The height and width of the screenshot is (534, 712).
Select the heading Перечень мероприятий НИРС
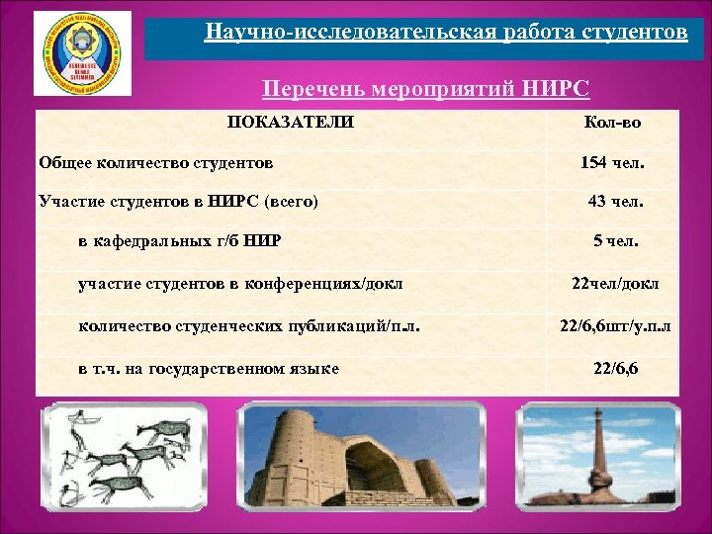coord(425,90)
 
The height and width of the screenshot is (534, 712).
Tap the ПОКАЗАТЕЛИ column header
coord(291,124)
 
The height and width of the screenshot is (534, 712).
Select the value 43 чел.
coord(615,201)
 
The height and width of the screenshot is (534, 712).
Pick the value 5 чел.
coord(615,240)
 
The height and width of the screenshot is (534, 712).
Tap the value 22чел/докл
coord(615,284)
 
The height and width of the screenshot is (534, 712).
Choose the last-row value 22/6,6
coord(615,368)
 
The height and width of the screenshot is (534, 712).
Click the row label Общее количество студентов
coord(156,161)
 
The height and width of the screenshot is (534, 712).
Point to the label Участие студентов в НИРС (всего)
coord(178,201)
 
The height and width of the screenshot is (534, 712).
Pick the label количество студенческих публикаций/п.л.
coord(242,325)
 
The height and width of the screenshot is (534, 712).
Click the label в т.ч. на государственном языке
coord(209,368)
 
